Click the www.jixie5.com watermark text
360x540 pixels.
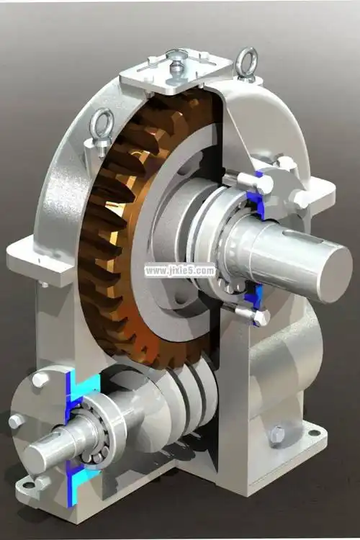179,271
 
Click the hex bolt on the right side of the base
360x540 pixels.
276,434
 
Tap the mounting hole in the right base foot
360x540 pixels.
312,433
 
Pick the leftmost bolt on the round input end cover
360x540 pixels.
14,421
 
